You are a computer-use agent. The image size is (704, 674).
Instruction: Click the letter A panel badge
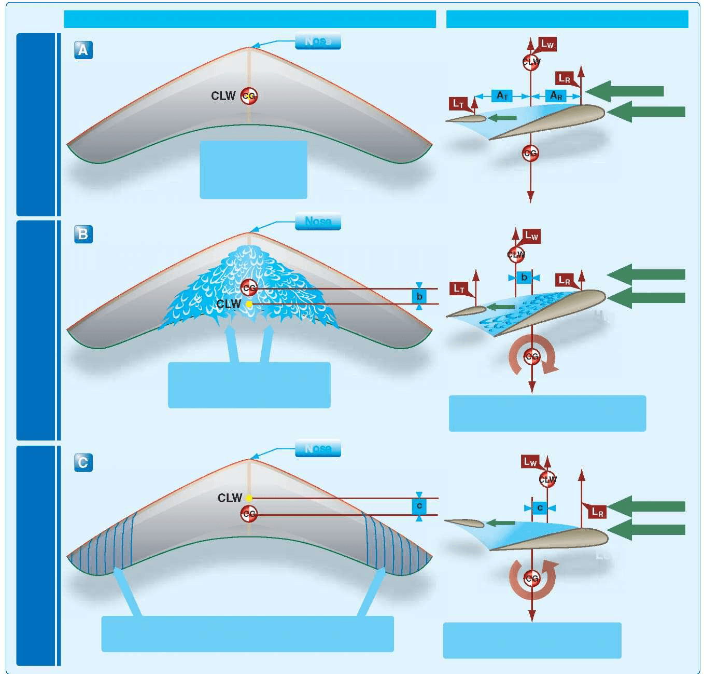point(83,50)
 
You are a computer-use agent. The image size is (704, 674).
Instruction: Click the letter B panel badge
point(83,234)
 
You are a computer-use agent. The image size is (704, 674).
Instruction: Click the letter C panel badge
point(83,462)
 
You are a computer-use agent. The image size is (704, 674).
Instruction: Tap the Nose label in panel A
point(318,41)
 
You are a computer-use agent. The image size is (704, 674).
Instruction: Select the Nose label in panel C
point(318,448)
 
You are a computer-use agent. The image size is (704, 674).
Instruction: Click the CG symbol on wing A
point(249,96)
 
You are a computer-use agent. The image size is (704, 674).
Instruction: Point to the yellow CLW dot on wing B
point(249,304)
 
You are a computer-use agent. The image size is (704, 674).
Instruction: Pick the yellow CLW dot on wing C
point(249,498)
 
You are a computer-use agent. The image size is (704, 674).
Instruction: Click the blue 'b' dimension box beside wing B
point(419,297)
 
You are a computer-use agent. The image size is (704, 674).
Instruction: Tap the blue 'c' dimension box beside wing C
point(419,506)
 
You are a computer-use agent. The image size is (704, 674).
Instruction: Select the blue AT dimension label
point(502,96)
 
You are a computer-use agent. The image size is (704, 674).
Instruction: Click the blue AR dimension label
point(556,96)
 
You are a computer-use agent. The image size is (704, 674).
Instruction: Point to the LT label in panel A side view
point(458,104)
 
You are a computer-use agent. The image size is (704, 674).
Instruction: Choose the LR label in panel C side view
point(597,513)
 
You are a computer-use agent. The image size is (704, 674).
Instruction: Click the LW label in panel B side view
point(531,236)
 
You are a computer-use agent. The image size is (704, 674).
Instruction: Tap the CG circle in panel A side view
point(530,154)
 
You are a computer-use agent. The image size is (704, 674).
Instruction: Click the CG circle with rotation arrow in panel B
point(532,357)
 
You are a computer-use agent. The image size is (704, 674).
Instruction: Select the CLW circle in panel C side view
point(547,479)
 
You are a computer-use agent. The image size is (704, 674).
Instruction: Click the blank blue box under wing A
point(254,170)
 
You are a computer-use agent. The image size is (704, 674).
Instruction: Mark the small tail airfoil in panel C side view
point(464,523)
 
